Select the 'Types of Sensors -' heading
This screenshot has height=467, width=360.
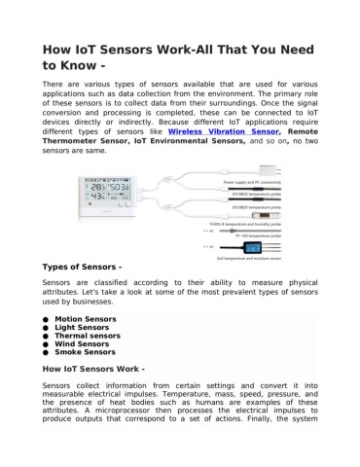click(83, 267)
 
